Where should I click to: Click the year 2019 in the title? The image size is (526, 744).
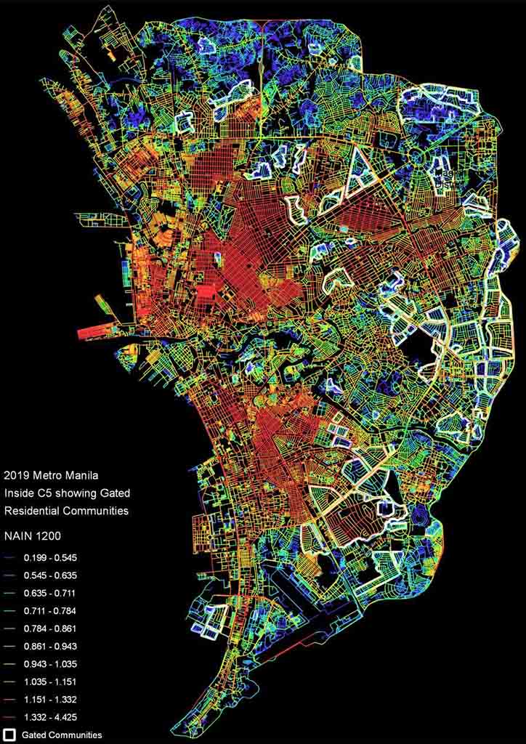point(17,477)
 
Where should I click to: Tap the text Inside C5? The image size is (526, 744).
point(27,494)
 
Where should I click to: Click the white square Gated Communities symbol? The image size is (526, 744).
point(9,735)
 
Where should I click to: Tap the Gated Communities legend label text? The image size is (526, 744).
point(62,735)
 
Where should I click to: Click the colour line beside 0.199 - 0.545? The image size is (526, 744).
point(9,559)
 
